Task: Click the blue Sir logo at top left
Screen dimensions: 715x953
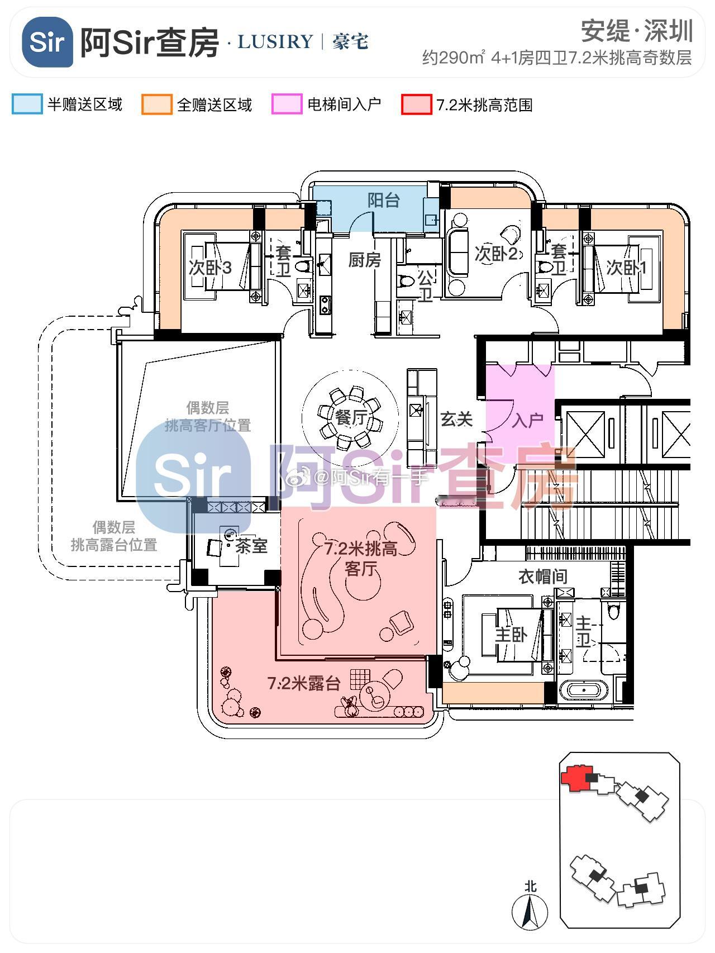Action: coord(47,42)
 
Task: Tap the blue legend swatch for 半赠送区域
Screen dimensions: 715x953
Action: coord(27,104)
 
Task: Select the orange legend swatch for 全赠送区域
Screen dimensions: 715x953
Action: coord(157,104)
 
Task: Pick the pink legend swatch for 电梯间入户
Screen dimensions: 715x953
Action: coord(287,104)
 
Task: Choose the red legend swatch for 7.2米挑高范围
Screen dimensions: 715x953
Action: coord(417,104)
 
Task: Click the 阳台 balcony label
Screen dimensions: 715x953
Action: coord(384,200)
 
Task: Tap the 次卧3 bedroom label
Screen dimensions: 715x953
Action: coord(210,268)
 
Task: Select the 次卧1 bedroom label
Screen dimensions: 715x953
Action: coord(627,268)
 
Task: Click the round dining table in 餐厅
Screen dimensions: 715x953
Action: coord(351,417)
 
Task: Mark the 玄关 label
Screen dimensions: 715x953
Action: coord(456,419)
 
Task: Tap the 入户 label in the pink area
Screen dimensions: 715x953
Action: coord(527,420)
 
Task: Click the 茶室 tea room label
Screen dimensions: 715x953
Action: coord(251,546)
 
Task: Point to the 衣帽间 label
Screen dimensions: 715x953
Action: coord(542,576)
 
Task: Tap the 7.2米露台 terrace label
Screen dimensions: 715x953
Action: coord(304,683)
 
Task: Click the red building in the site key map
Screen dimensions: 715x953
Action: coord(575,778)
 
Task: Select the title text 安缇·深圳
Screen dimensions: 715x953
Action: coord(637,31)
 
